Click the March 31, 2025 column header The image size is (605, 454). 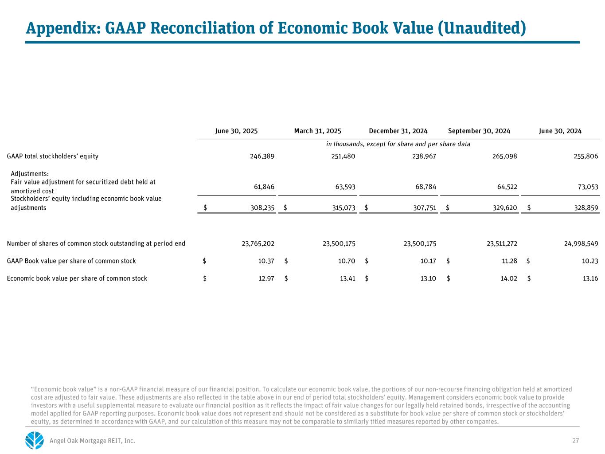[x=317, y=131]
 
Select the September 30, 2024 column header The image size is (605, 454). [x=479, y=131]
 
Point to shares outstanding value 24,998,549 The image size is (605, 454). [x=578, y=243]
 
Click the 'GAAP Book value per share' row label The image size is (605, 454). [x=71, y=261]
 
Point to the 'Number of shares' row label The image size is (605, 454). [x=96, y=243]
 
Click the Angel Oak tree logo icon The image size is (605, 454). [x=35, y=440]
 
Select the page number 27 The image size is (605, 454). [x=576, y=441]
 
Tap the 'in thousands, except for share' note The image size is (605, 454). [x=398, y=144]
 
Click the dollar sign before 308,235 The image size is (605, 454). [x=205, y=207]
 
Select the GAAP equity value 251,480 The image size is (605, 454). [x=343, y=156]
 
